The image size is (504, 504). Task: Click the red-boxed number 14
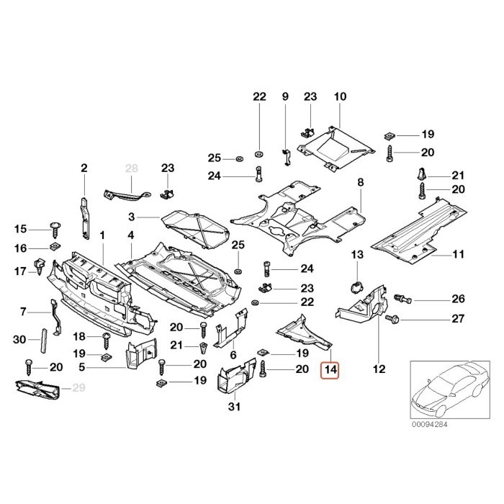(330, 369)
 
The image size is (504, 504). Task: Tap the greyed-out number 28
(132, 168)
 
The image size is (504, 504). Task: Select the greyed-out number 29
(78, 388)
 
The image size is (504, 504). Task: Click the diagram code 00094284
(429, 424)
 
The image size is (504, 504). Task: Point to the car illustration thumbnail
(450, 390)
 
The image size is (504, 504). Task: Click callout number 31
(234, 407)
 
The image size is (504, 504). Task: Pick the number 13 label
(357, 255)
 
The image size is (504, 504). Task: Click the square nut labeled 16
(54, 248)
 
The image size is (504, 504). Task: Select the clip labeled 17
(40, 266)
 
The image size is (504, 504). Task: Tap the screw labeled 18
(107, 341)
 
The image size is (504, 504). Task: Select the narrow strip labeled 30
(43, 341)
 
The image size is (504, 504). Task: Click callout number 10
(340, 96)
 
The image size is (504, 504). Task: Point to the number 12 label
(379, 369)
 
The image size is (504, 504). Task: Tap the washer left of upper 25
(239, 159)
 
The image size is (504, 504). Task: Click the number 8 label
(360, 182)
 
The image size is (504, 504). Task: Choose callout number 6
(233, 355)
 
